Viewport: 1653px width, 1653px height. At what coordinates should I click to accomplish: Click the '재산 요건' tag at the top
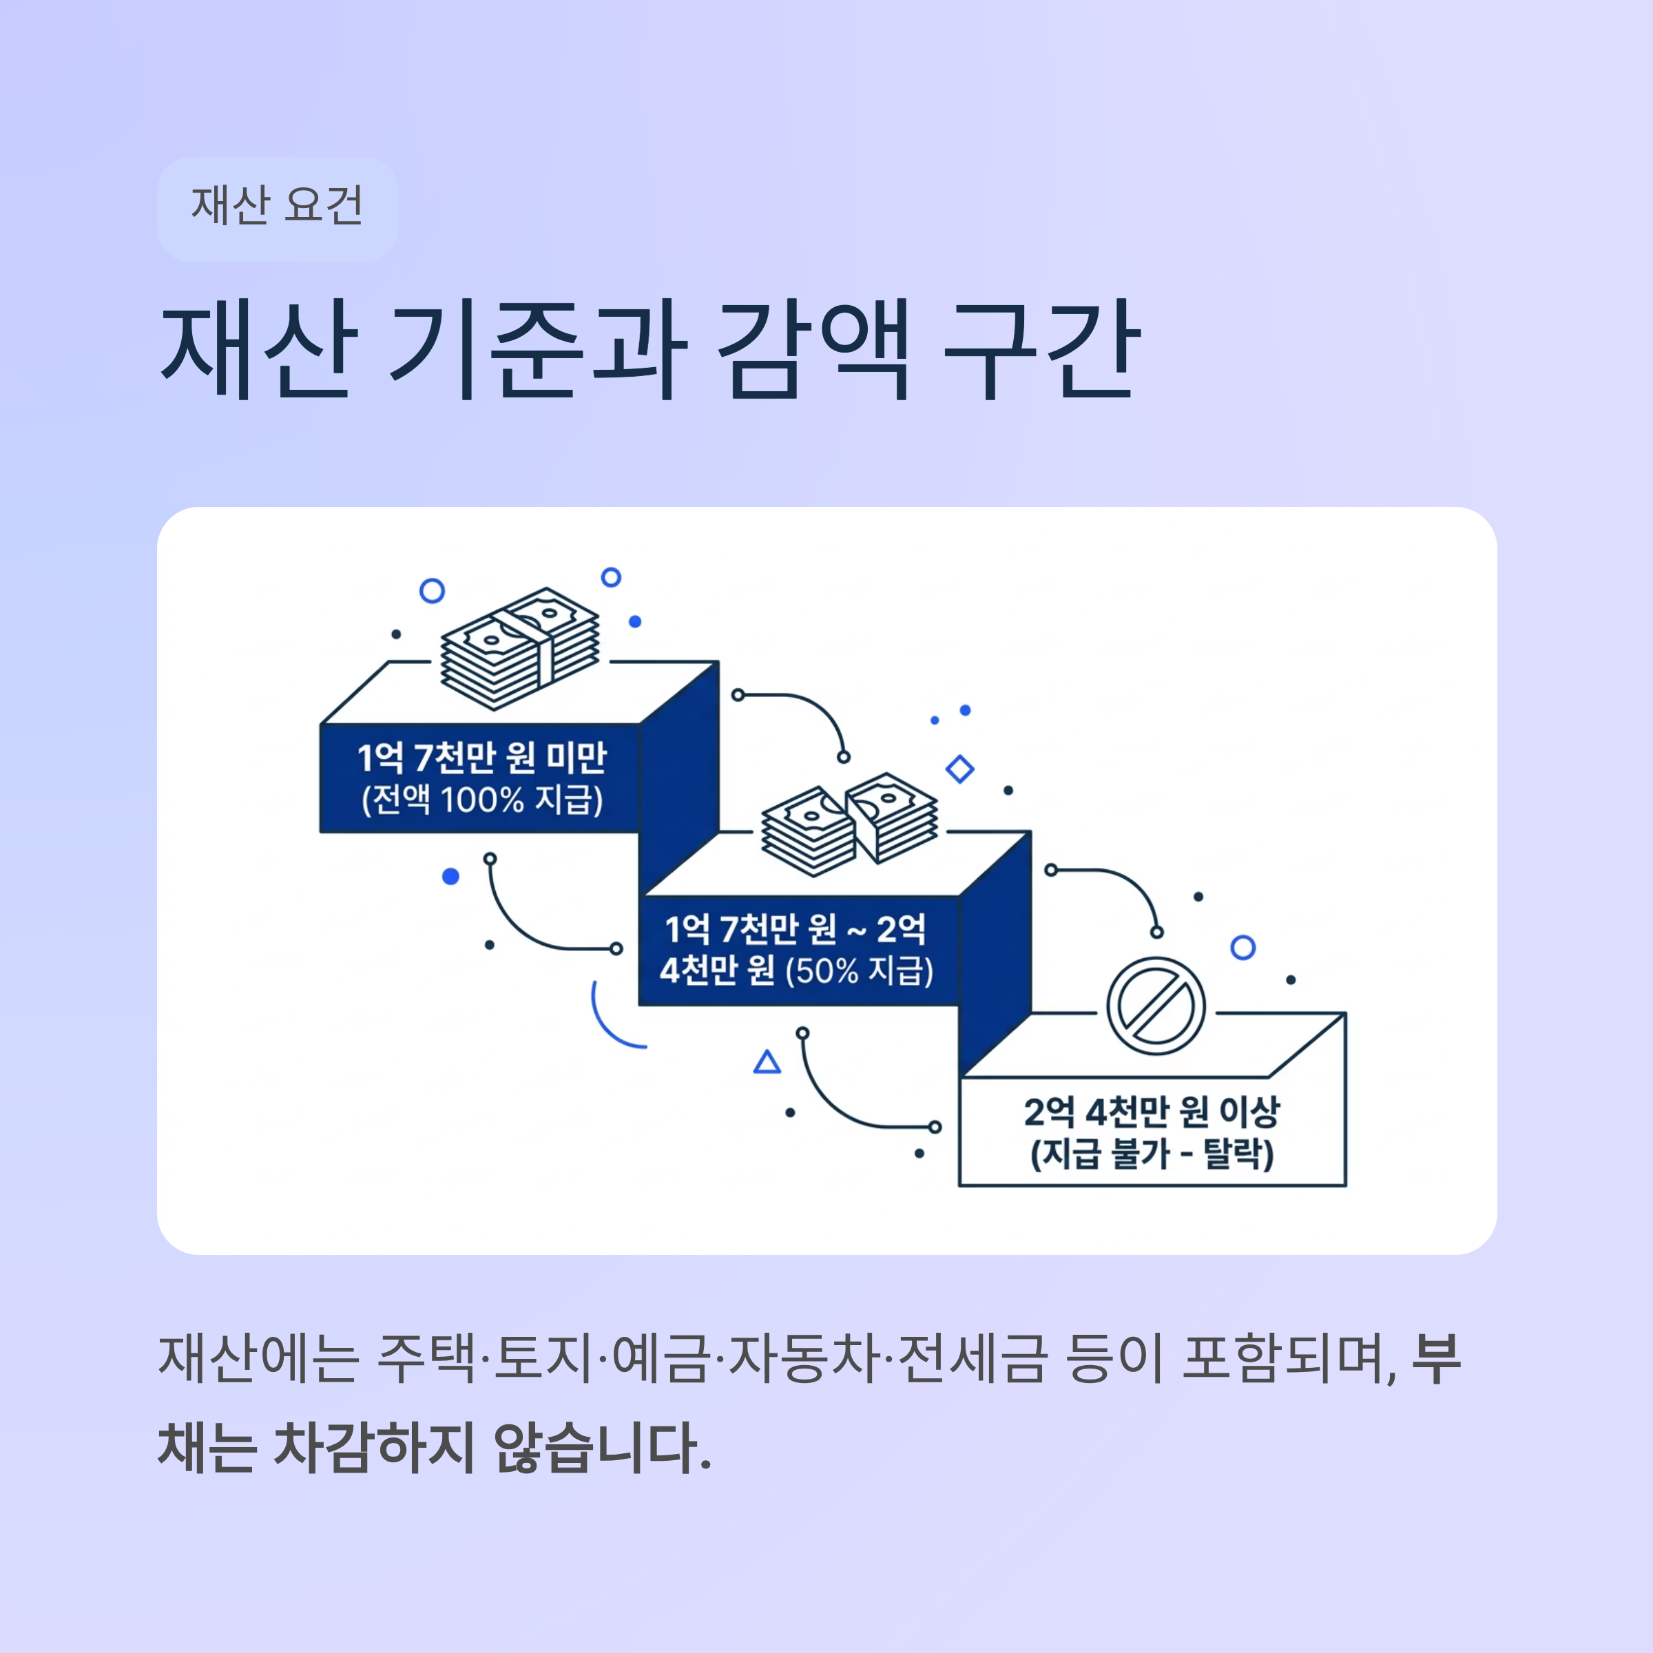(x=276, y=208)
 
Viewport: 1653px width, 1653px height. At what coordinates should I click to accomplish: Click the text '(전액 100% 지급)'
(x=481, y=800)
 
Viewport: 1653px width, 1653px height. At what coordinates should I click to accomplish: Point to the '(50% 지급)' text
(x=859, y=971)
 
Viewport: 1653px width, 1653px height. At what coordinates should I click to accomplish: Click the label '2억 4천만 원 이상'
(x=1152, y=1112)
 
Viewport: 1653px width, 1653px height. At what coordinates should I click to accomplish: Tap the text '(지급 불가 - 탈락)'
(x=1152, y=1154)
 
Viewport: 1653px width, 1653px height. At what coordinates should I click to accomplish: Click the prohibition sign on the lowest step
(x=1156, y=1006)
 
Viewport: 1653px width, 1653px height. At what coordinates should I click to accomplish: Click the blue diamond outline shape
(x=960, y=769)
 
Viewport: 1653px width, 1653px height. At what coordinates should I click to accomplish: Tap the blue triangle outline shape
(x=767, y=1063)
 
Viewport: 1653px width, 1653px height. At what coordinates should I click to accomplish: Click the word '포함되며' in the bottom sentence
(x=1287, y=1359)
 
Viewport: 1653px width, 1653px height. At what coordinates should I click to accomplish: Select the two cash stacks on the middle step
(x=850, y=823)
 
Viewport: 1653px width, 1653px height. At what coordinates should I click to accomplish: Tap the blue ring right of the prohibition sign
(x=1243, y=947)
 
